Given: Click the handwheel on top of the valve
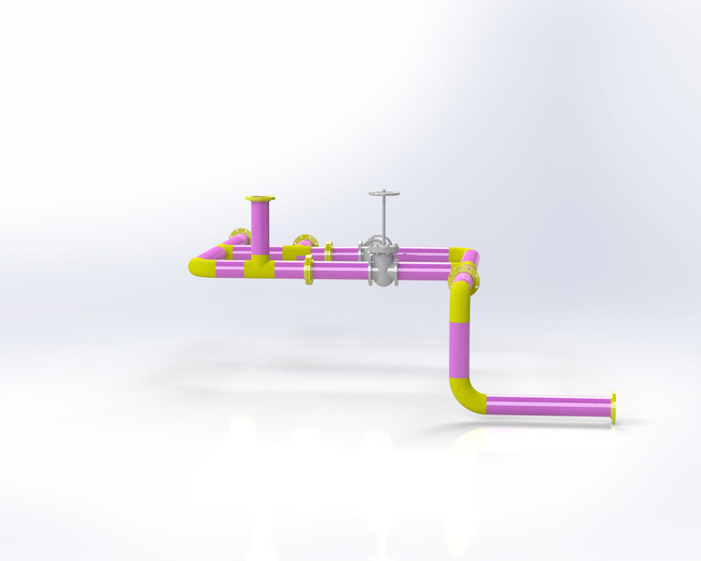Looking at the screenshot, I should click(x=384, y=193).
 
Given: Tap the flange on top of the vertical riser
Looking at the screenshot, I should click(x=260, y=199).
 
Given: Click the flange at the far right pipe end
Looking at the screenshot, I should click(x=613, y=408).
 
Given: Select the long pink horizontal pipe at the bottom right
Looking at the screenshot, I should click(x=548, y=406).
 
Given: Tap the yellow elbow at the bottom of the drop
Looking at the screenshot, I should click(x=466, y=396).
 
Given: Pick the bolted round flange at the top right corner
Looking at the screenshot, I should click(x=462, y=280).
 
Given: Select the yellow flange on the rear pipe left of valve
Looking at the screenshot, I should click(x=329, y=252).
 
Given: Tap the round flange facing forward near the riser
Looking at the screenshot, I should click(x=303, y=241).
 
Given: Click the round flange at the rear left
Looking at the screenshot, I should click(x=238, y=237).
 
